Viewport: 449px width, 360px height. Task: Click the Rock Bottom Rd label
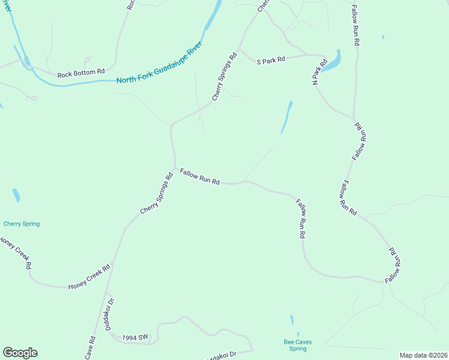81,74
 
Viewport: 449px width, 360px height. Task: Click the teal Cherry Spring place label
22,224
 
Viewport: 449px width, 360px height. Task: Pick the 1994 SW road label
135,338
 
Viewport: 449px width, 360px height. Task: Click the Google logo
20,353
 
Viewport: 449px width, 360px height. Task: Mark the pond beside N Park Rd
333,60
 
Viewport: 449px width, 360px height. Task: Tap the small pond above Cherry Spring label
16,196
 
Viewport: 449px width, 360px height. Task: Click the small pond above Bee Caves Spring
292,320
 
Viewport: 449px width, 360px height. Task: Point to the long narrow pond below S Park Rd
287,117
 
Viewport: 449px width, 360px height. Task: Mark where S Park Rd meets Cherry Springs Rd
239,50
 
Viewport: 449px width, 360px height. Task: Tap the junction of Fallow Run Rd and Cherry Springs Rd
175,169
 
